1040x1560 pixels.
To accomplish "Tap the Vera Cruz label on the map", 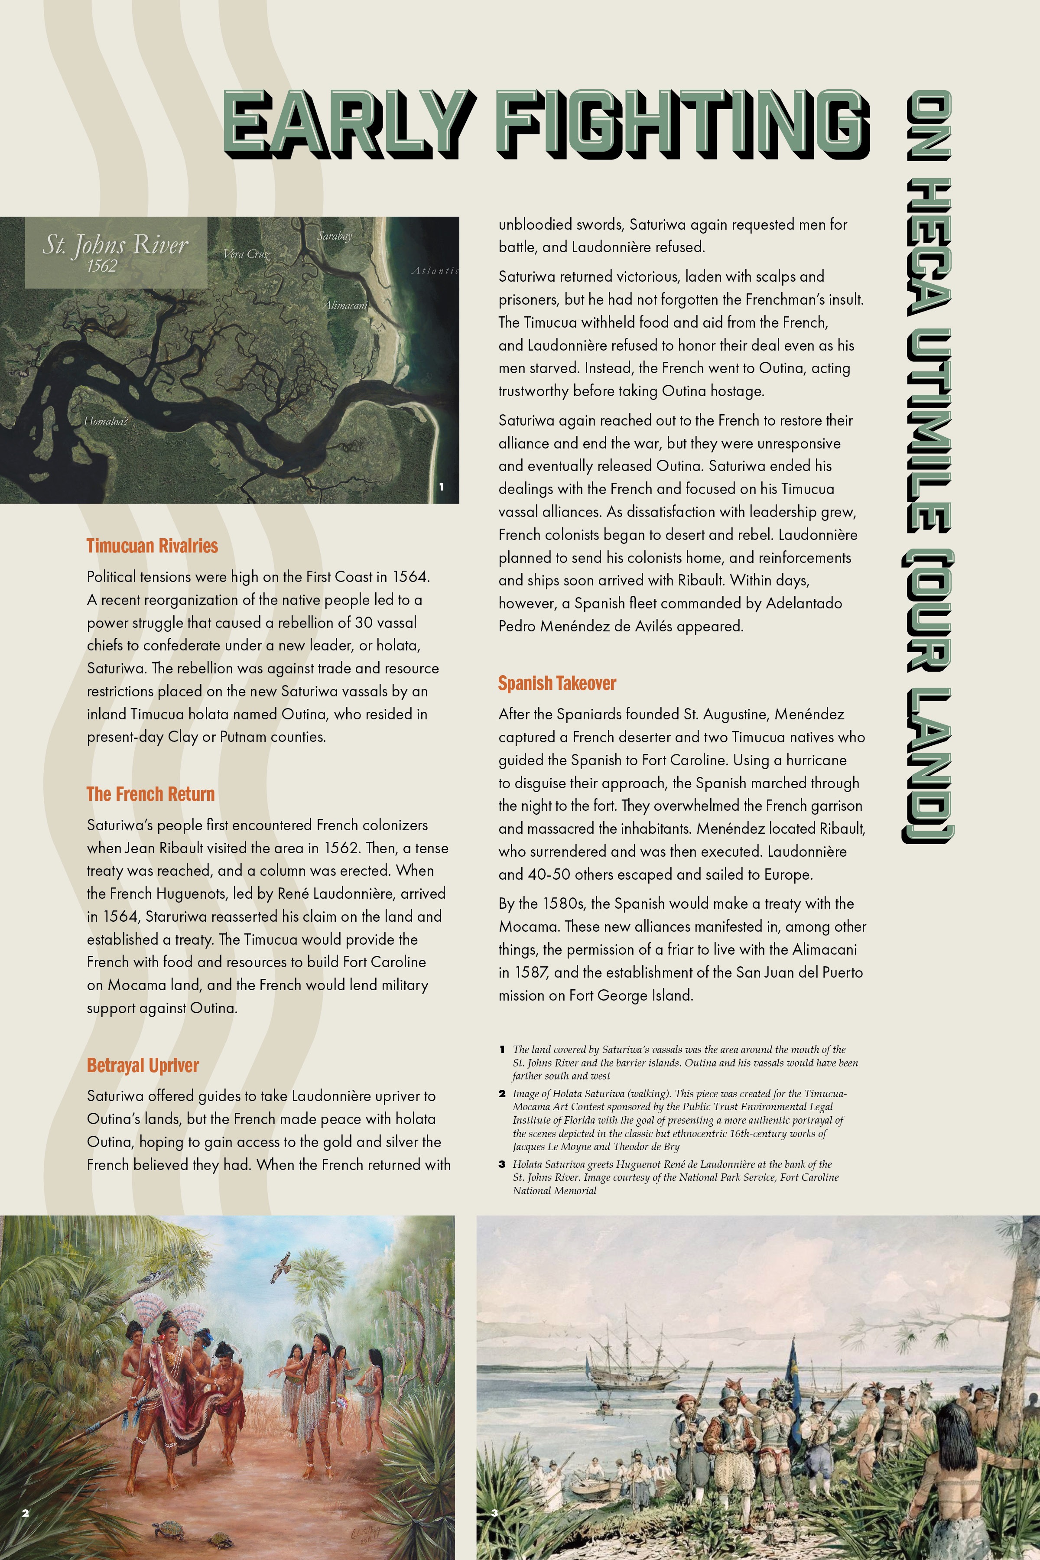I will click(x=247, y=253).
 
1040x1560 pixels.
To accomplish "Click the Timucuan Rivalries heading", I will click(x=152, y=546).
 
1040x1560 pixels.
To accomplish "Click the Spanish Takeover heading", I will click(x=557, y=683).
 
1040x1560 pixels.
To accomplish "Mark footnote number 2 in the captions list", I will click(x=502, y=1094).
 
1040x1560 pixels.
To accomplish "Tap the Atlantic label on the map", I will click(x=435, y=270).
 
